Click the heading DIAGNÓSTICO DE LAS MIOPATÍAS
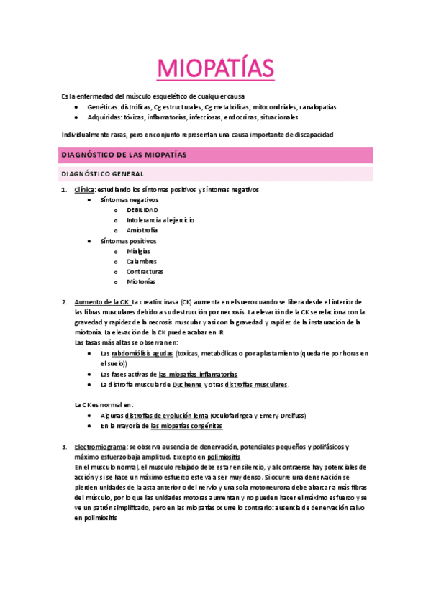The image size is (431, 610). pyautogui.click(x=124, y=155)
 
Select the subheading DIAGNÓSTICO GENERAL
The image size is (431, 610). pyautogui.click(x=103, y=174)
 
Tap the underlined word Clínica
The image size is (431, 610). pyautogui.click(x=85, y=189)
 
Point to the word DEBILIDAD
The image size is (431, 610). pyautogui.click(x=142, y=210)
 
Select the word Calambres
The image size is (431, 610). pyautogui.click(x=141, y=262)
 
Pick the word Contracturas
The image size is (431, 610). pyautogui.click(x=145, y=272)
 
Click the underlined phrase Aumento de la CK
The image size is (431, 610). pyautogui.click(x=101, y=302)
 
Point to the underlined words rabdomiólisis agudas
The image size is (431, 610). pyautogui.click(x=142, y=354)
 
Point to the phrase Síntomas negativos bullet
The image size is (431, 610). pyautogui.click(x=129, y=199)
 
